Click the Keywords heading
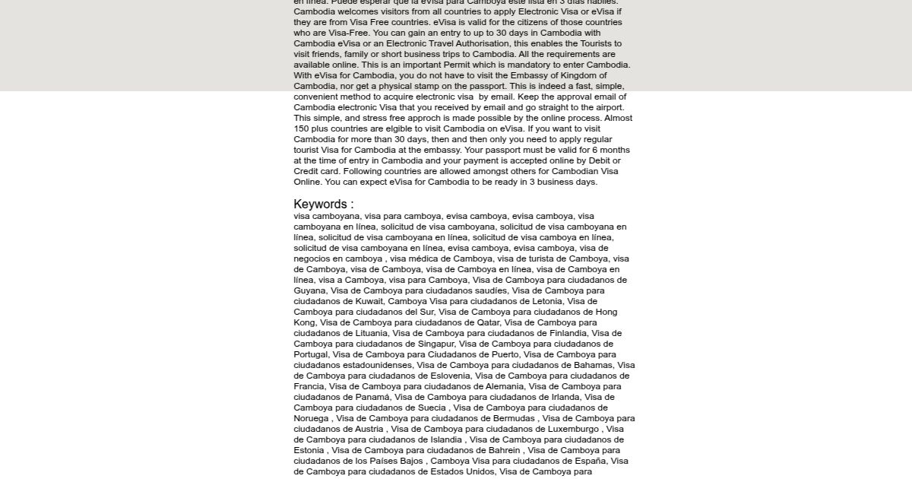point(323,204)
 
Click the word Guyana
point(310,290)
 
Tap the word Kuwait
point(369,301)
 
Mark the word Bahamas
point(594,365)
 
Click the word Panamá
point(372,397)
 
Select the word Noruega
point(311,418)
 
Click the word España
point(589,461)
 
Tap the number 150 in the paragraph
point(302,128)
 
